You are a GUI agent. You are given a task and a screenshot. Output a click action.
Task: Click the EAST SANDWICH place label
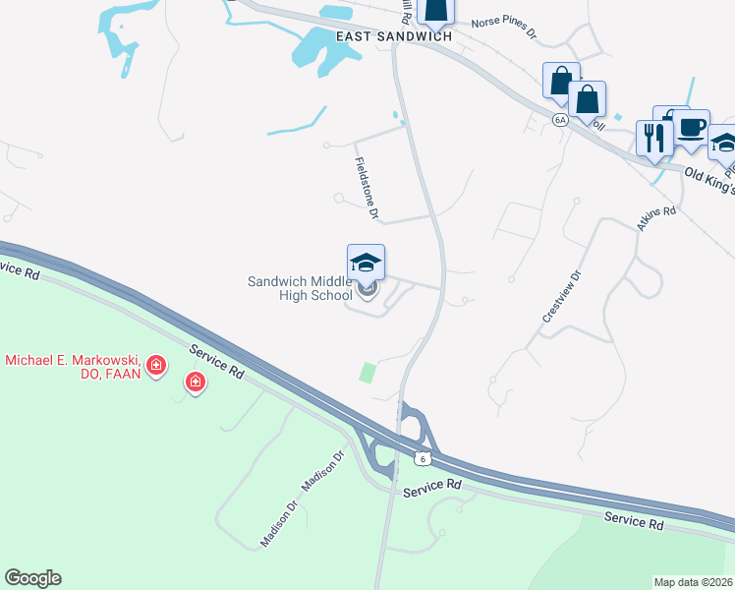pyautogui.click(x=394, y=36)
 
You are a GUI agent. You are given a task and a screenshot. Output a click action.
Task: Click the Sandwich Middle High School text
pyautogui.click(x=300, y=288)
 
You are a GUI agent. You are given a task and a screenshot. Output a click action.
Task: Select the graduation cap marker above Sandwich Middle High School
pyautogui.click(x=366, y=264)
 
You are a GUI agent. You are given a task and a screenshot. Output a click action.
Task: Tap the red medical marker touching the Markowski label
pyautogui.click(x=155, y=368)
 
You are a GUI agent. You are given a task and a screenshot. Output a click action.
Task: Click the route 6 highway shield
pyautogui.click(x=423, y=459)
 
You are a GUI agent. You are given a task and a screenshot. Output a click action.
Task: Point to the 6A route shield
pyautogui.click(x=560, y=120)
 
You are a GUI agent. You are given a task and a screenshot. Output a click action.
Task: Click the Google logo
pyautogui.click(x=32, y=578)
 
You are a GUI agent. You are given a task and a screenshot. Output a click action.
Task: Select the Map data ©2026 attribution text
pyautogui.click(x=694, y=582)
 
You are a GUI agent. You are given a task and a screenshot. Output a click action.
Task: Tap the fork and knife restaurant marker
pyautogui.click(x=652, y=137)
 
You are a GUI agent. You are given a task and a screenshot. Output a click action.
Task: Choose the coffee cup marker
pyautogui.click(x=691, y=128)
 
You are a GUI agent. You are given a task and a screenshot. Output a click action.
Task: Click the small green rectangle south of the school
pyautogui.click(x=367, y=373)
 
